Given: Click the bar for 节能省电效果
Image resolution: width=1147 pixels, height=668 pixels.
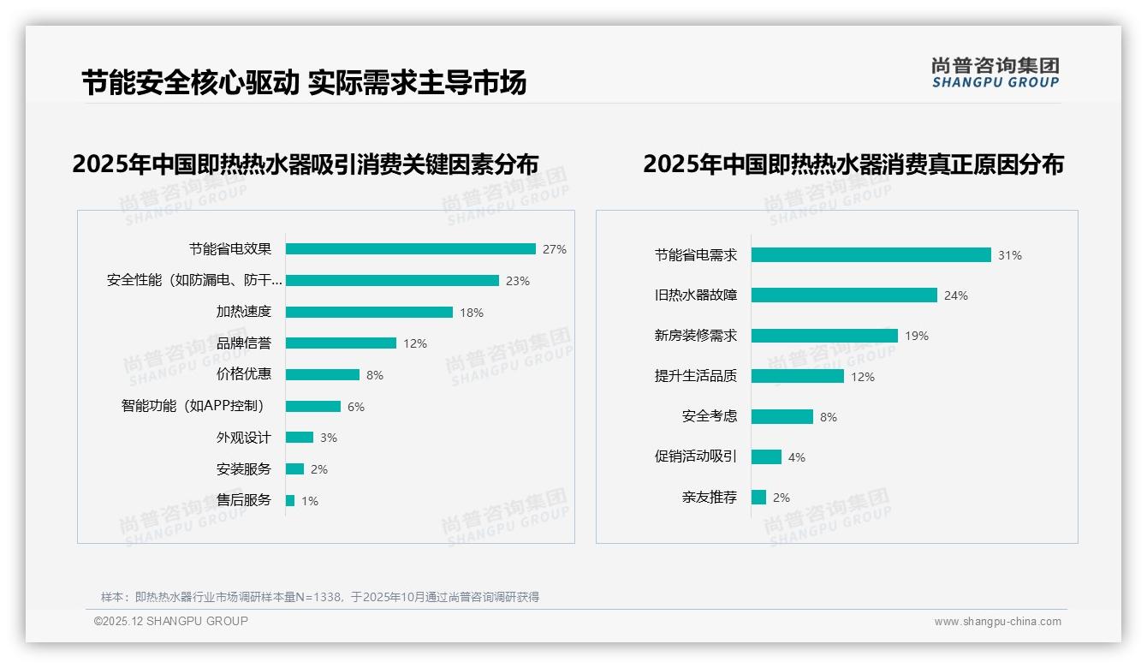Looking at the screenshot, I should coord(410,249).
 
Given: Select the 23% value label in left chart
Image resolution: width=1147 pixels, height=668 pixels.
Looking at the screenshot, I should coord(518,281).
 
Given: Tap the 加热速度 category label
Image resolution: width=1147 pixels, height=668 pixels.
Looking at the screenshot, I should coord(243,312).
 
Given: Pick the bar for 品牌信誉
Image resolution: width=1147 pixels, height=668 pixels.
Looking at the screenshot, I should coord(341,343).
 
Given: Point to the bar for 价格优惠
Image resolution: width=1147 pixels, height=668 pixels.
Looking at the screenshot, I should coord(322,375).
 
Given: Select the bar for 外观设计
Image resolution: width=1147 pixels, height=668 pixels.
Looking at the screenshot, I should coord(300,438).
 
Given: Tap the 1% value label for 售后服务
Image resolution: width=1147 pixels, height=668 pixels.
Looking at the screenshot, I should coord(309,501).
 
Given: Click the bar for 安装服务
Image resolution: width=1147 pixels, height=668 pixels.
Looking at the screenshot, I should coord(294,469).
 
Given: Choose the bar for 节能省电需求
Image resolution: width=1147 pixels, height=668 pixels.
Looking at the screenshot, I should coord(871,255).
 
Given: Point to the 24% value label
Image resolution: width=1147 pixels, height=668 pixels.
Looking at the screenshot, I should coord(955,295).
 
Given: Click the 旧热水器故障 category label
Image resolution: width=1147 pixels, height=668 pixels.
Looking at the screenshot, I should coord(696,295).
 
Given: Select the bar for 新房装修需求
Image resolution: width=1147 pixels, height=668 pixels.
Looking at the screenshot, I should coord(824,336).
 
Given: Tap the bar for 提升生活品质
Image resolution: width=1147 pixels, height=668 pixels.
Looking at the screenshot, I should coord(797,376).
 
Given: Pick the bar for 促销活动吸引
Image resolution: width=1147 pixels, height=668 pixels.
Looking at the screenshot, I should coord(766,457).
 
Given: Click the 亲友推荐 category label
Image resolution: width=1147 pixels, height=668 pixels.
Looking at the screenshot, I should coord(709,498).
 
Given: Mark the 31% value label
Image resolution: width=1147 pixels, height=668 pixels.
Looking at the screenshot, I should coord(1009,255).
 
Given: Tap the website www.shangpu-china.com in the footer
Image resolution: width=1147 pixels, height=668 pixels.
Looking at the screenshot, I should coord(997,622).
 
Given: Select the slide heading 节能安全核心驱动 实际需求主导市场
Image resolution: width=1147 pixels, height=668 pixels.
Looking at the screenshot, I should coord(304,83).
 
